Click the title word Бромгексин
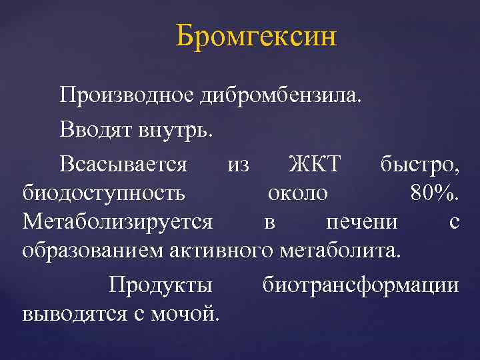pyautogui.click(x=257, y=37)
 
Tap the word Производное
pyautogui.click(x=126, y=96)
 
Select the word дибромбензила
pyautogui.click(x=281, y=96)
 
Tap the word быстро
pyautogui.click(x=419, y=163)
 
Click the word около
pyautogui.click(x=297, y=193)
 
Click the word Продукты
pyautogui.click(x=161, y=284)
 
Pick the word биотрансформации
pyautogui.click(x=361, y=284)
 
